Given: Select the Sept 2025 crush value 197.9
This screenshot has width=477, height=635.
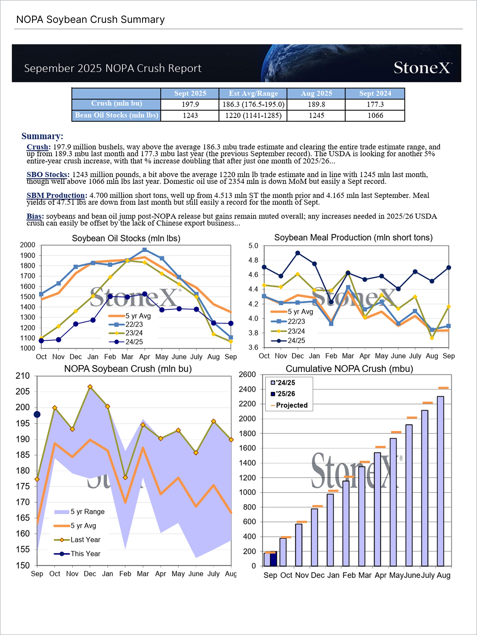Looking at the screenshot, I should pyautogui.click(x=190, y=104).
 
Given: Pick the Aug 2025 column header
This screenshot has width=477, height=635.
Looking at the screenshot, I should pyautogui.click(x=316, y=93).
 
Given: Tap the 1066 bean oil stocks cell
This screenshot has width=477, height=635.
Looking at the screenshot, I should pyautogui.click(x=375, y=115).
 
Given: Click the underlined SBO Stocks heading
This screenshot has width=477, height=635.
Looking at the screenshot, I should pyautogui.click(x=48, y=175).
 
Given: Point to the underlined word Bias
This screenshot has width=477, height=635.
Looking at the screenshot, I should pyautogui.click(x=35, y=216).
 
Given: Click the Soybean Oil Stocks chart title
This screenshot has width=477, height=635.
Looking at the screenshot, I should pyautogui.click(x=126, y=238).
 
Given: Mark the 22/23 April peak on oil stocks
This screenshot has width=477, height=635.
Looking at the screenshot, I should pyautogui.click(x=145, y=250).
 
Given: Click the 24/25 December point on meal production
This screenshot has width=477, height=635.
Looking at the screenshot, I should pyautogui.click(x=298, y=253).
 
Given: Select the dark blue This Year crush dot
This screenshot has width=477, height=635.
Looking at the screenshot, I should pyautogui.click(x=37, y=414).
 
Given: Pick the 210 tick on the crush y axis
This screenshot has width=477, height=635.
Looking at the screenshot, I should pyautogui.click(x=23, y=376).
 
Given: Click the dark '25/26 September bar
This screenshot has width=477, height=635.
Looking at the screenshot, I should pyautogui.click(x=273, y=558).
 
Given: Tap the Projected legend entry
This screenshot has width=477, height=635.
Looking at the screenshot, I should pyautogui.click(x=289, y=405).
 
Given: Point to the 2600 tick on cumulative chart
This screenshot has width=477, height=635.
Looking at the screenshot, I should pyautogui.click(x=247, y=374).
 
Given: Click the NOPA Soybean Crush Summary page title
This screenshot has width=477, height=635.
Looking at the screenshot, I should pyautogui.click(x=90, y=20).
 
